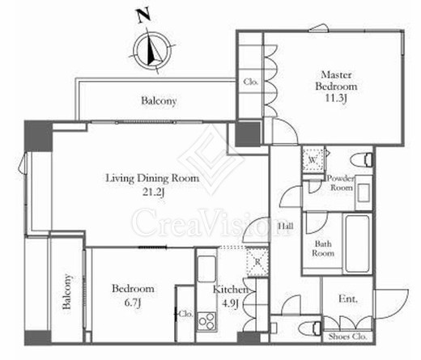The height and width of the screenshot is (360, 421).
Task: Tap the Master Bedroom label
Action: (x=336, y=81)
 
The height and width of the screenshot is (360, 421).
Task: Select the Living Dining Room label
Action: (x=152, y=178)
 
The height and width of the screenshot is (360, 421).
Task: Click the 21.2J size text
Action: (x=153, y=192)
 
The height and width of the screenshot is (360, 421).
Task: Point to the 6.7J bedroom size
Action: (x=133, y=303)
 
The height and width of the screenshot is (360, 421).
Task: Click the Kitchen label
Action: (x=230, y=290)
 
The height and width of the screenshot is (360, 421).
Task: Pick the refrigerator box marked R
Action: (x=257, y=261)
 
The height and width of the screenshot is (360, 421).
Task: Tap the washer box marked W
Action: (x=313, y=159)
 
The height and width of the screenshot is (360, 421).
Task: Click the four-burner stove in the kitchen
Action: (x=206, y=321)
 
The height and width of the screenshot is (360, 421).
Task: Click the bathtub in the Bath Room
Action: (x=357, y=244)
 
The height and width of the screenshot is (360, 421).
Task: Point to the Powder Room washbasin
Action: (x=364, y=193)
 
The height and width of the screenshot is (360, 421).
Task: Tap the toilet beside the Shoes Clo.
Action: (x=310, y=328)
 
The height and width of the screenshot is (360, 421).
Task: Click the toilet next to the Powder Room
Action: (x=362, y=160)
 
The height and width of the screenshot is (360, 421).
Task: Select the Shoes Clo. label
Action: (x=347, y=337)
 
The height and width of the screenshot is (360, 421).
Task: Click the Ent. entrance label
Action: (x=348, y=299)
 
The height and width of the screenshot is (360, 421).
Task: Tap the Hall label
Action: (x=286, y=226)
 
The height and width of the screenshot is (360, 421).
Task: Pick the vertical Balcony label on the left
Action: (x=67, y=291)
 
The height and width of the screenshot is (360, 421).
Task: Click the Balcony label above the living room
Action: (x=159, y=101)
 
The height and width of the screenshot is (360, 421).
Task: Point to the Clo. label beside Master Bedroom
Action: (x=251, y=82)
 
